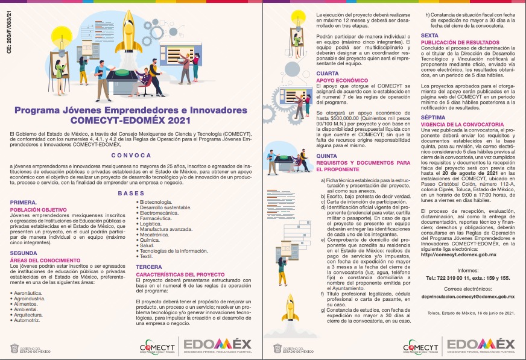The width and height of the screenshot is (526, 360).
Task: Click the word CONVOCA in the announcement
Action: click(x=130, y=155)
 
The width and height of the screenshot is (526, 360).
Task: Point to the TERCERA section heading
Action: click(x=149, y=266)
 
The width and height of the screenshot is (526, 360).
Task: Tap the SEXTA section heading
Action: click(x=429, y=36)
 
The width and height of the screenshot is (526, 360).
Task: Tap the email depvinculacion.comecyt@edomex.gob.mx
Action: click(x=467, y=296)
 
